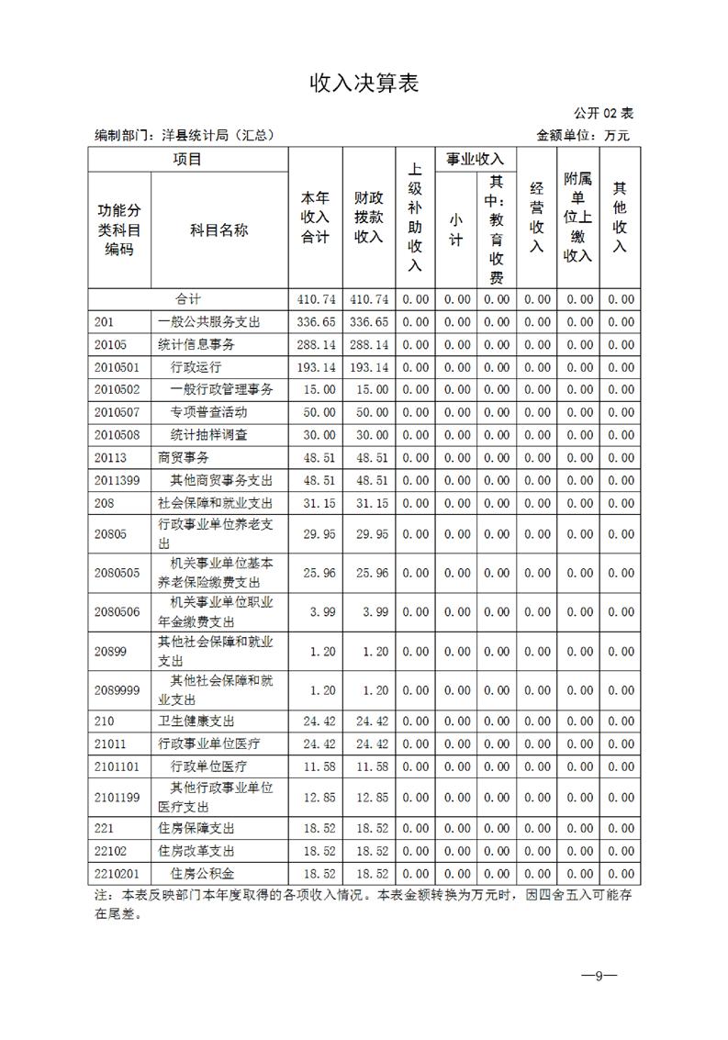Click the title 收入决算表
364,84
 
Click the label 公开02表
603,113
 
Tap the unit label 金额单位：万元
584,136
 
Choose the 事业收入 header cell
475,160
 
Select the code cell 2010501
117,367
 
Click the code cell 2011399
117,480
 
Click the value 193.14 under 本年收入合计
316,367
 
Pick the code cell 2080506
117,612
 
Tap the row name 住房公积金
202,874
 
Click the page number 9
598,976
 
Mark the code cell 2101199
117,798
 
